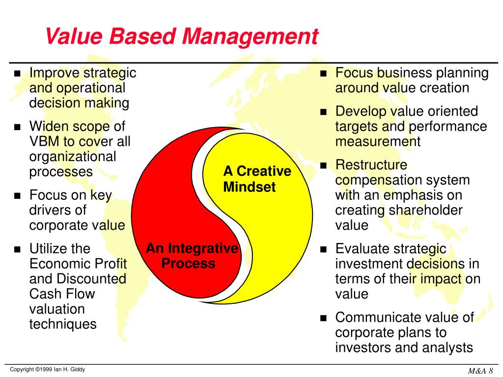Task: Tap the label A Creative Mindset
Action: (x=257, y=179)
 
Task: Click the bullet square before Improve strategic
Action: (x=18, y=74)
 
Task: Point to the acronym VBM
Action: (x=45, y=141)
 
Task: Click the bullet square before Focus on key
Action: (x=18, y=196)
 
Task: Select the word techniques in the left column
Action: (x=63, y=324)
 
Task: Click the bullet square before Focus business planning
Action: (x=323, y=74)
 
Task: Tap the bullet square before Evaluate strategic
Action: (x=323, y=249)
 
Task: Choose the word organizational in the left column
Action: (x=73, y=157)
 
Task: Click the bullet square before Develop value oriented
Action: (x=323, y=112)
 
